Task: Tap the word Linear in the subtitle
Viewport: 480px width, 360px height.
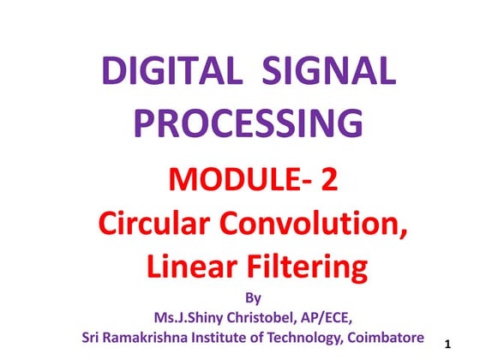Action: pos(189,267)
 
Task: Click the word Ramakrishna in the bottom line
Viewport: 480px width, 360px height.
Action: pos(153,336)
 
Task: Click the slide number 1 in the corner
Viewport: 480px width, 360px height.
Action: pos(448,344)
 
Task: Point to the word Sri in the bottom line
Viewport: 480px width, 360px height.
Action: pos(93,336)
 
